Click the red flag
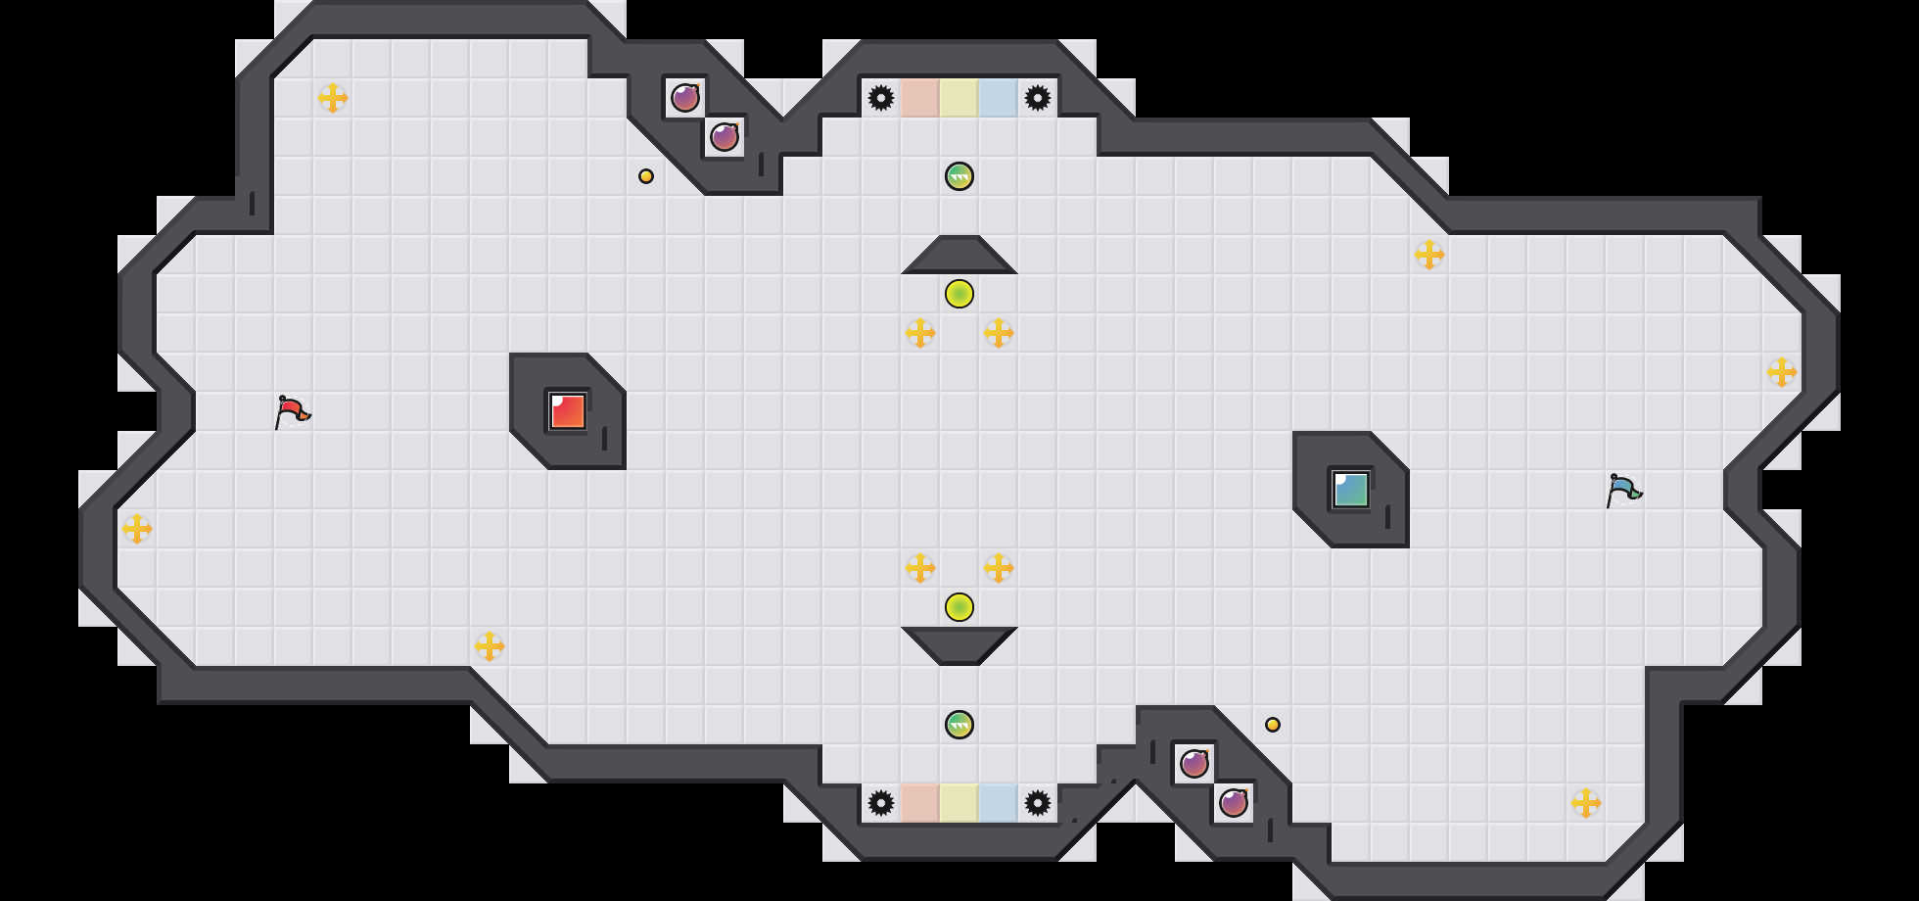click(x=292, y=411)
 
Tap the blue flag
click(x=1623, y=490)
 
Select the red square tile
click(x=568, y=411)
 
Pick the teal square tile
click(x=1351, y=490)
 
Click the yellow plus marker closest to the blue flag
click(x=1782, y=372)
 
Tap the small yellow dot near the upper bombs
click(x=646, y=176)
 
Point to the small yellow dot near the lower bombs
click(x=1273, y=725)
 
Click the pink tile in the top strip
click(x=920, y=98)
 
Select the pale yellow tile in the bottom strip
click(x=959, y=803)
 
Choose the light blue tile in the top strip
click(x=999, y=98)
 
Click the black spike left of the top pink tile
click(x=881, y=98)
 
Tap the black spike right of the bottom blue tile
click(x=1038, y=803)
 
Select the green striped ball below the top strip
click(x=959, y=176)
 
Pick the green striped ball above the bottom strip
click(x=959, y=725)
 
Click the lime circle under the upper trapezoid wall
click(x=959, y=294)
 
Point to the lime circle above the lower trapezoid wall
click(x=959, y=607)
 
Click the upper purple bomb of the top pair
click(x=685, y=98)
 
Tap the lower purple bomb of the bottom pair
click(x=1234, y=803)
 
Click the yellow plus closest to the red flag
click(x=137, y=529)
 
